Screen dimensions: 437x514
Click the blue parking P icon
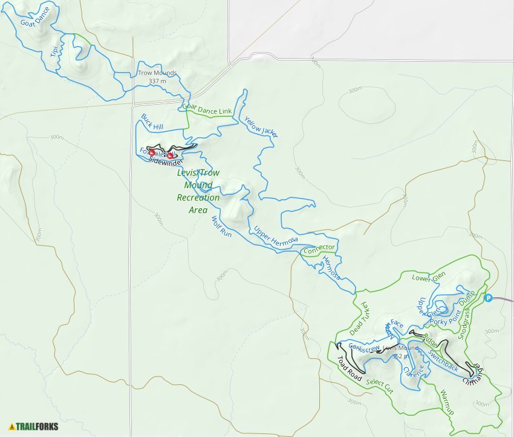tap(489, 297)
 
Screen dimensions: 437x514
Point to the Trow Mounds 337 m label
tap(157, 77)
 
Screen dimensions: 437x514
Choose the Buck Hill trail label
tap(153, 121)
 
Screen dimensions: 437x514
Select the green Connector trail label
tap(319, 249)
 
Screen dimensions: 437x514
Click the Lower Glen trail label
tap(428, 278)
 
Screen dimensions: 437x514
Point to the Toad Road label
tap(349, 370)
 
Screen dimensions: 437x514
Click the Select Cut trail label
tap(380, 386)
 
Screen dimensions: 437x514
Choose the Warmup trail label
tap(447, 402)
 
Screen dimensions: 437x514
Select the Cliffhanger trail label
tap(475, 373)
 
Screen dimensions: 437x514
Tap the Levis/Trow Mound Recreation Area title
tap(198, 191)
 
